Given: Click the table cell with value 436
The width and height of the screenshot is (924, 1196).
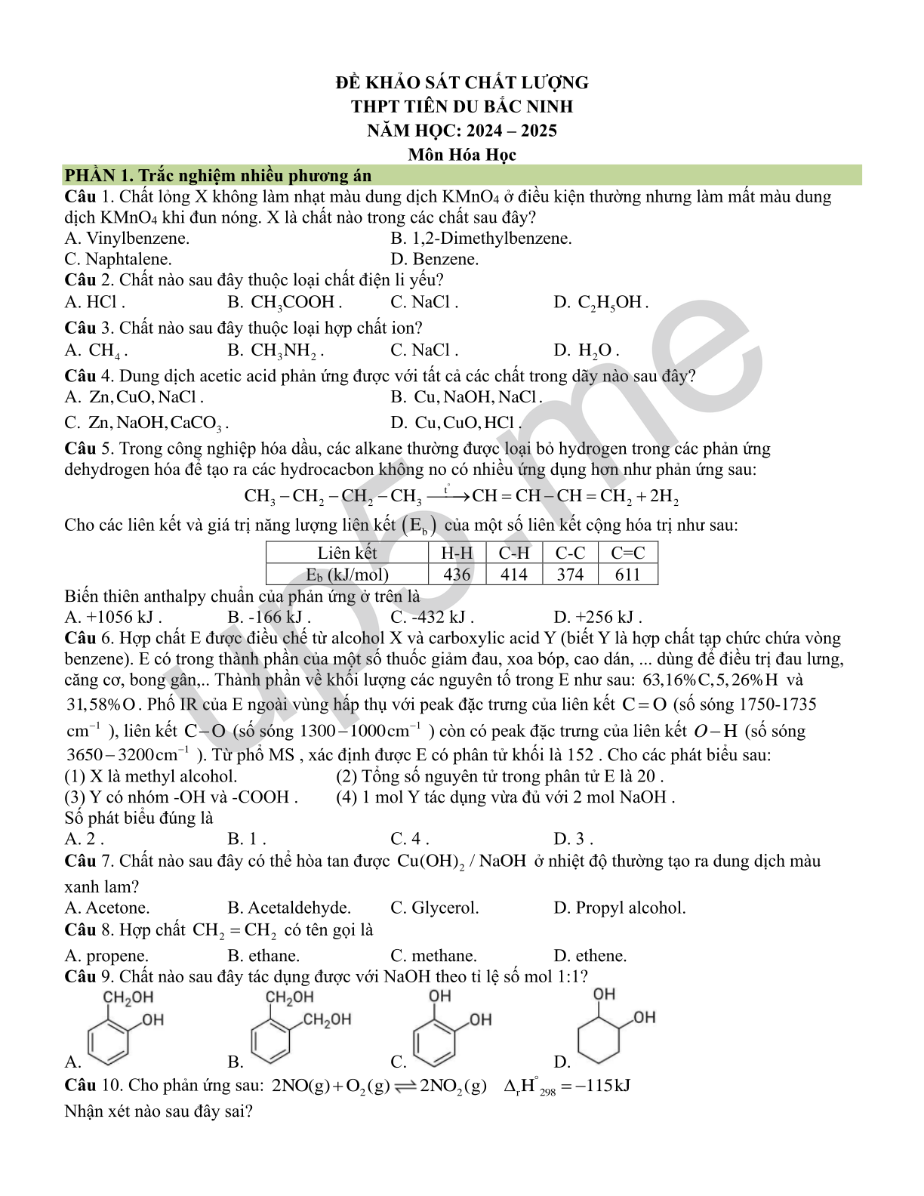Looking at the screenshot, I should pyautogui.click(x=457, y=575).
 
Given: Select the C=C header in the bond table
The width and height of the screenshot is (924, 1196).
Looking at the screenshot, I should pyautogui.click(x=627, y=553).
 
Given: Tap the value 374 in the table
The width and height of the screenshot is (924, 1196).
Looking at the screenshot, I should pyautogui.click(x=570, y=575).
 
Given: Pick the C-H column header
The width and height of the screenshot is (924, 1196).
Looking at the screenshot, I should pyautogui.click(x=514, y=553).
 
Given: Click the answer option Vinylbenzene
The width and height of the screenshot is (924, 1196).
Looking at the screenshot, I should pyautogui.click(x=127, y=239).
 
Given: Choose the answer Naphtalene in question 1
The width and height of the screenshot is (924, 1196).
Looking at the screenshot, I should pyautogui.click(x=118, y=259).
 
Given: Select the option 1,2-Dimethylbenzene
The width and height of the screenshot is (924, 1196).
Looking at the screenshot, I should pyautogui.click(x=481, y=239).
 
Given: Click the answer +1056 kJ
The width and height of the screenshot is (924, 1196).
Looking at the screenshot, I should pyautogui.click(x=113, y=617).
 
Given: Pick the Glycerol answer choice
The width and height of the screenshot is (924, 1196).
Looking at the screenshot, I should pyautogui.click(x=435, y=908).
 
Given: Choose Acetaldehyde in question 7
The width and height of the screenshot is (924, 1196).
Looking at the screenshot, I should pyautogui.click(x=289, y=908).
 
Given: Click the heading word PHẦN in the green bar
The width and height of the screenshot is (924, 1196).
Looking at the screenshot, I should pyautogui.click(x=89, y=176).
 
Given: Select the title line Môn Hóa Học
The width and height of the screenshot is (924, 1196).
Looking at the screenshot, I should pyautogui.click(x=462, y=155).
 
